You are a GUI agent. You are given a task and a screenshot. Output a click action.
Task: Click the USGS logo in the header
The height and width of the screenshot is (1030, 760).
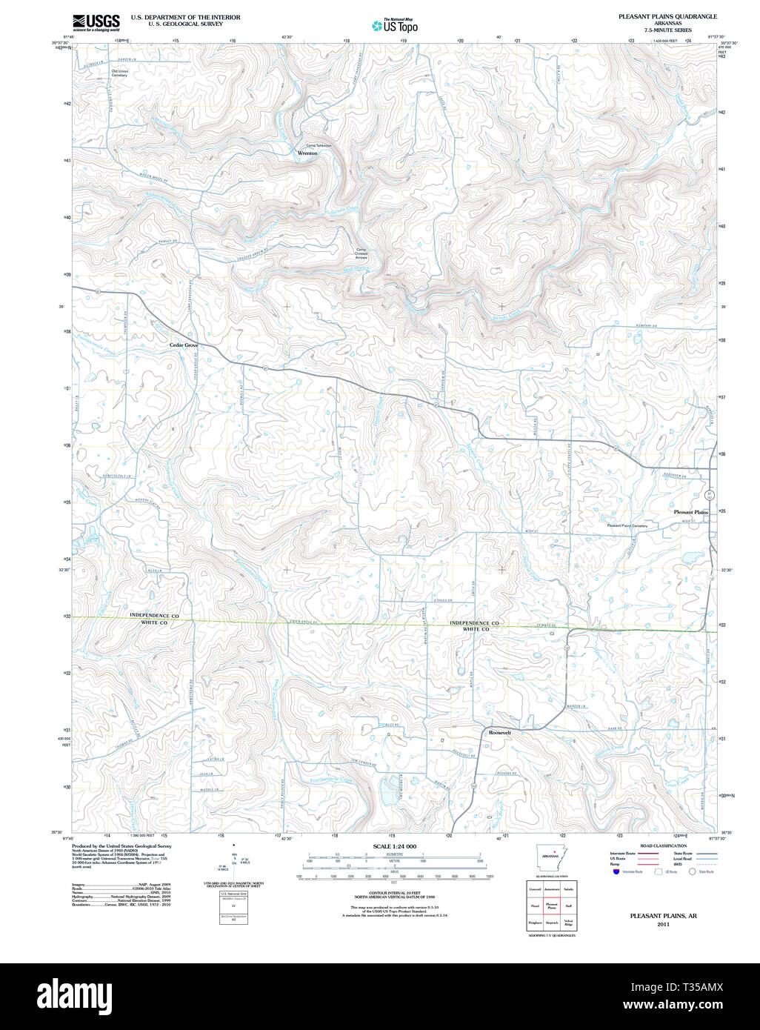pyautogui.click(x=96, y=22)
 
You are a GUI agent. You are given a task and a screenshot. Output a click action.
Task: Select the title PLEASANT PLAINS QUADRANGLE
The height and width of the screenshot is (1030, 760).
pyautogui.click(x=667, y=16)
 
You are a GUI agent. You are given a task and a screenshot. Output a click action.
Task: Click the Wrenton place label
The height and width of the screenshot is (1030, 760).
pyautogui.click(x=307, y=153)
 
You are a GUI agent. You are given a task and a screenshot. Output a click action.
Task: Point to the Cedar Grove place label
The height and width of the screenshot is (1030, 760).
pyautogui.click(x=184, y=345)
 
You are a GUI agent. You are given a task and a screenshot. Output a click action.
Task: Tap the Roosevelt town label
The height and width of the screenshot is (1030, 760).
pyautogui.click(x=500, y=732)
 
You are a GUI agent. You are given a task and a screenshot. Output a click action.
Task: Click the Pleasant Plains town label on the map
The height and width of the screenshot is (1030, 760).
pyautogui.click(x=690, y=512)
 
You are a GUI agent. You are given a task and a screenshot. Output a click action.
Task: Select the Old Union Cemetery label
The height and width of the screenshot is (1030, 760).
pyautogui.click(x=119, y=73)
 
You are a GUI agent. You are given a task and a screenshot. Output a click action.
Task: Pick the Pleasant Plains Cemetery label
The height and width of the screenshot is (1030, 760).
pyautogui.click(x=627, y=525)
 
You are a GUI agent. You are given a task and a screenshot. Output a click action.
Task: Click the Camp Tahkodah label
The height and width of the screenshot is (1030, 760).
pyautogui.click(x=319, y=145)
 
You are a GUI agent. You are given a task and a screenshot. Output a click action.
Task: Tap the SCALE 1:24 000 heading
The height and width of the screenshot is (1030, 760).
pyautogui.click(x=394, y=846)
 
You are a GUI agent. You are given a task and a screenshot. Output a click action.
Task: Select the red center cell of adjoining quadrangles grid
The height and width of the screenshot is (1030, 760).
pyautogui.click(x=552, y=906)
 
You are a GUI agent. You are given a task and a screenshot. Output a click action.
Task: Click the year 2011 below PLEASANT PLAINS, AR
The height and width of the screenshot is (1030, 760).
pyautogui.click(x=663, y=924)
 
